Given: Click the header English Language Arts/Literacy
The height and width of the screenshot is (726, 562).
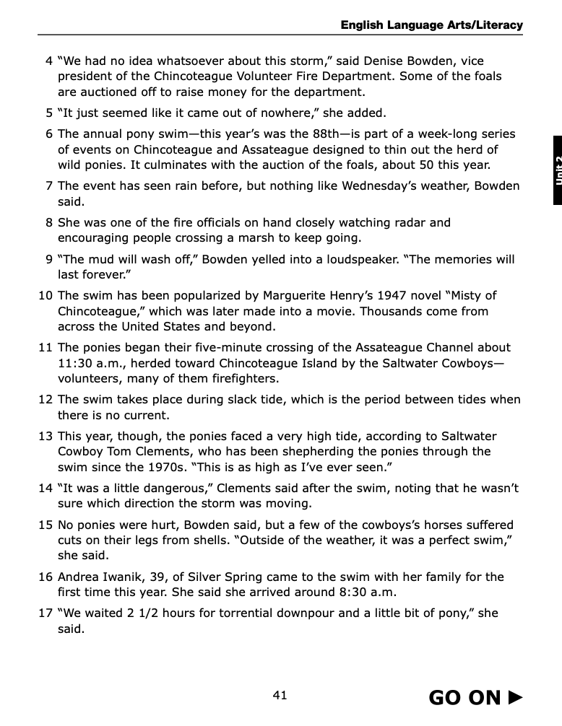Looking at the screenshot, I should click(431, 25).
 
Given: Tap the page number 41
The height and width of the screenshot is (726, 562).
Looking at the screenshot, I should click(280, 695).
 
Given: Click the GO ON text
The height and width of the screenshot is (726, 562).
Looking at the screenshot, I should click(464, 697).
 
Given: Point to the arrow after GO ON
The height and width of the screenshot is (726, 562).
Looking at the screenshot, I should click(515, 697).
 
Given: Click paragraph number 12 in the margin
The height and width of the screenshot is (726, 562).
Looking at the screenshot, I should click(46, 399).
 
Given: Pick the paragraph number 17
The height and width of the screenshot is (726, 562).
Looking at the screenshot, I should click(46, 613).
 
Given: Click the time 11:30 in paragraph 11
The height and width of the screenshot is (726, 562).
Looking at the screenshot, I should click(73, 363).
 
